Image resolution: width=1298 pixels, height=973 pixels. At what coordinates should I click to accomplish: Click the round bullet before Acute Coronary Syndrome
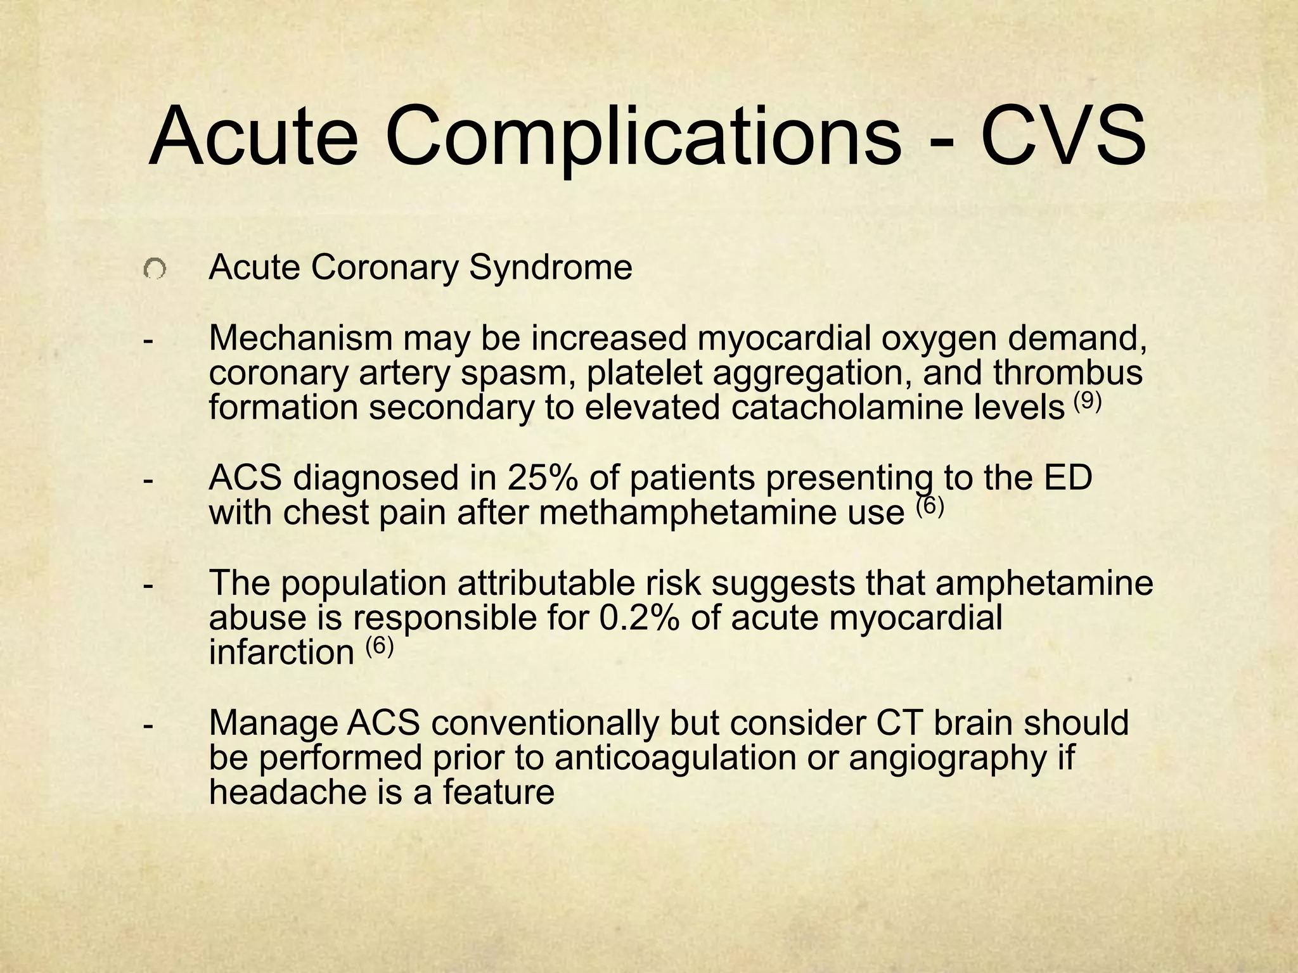click(x=154, y=270)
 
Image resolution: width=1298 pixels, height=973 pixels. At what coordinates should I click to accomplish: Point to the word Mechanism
click(x=301, y=338)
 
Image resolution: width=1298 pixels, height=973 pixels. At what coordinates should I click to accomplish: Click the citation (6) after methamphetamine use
click(x=930, y=507)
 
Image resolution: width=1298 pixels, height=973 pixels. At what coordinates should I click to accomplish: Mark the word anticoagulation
click(x=691, y=757)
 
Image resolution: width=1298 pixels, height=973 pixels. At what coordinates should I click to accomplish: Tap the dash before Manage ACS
click(x=148, y=723)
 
